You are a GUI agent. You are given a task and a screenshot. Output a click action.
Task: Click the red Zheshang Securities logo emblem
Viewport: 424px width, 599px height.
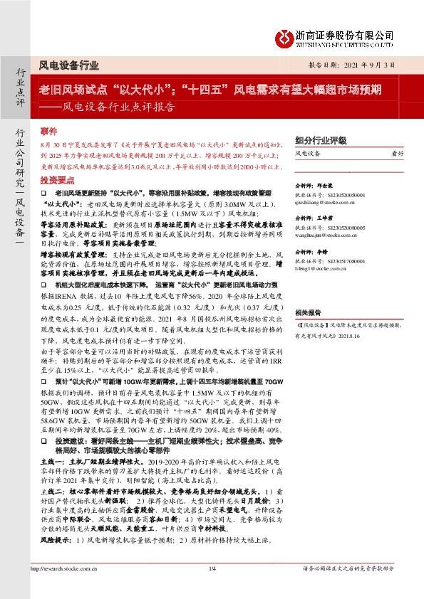[286, 36]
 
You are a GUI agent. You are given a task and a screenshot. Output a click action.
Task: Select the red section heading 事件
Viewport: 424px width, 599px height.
[48, 131]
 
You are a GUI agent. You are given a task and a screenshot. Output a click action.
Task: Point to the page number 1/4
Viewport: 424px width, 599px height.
[212, 588]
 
